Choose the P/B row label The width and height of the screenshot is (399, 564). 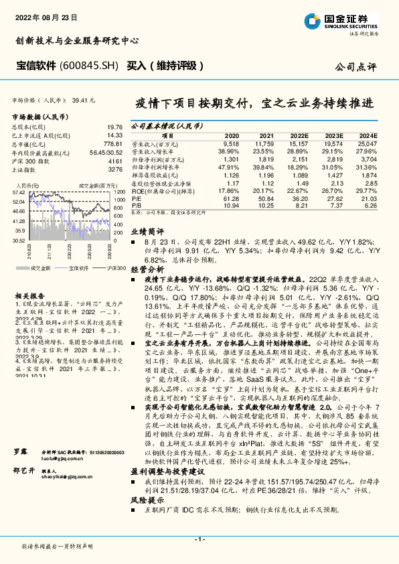pyautogui.click(x=136, y=205)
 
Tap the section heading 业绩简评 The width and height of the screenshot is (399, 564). pyautogui.click(x=147, y=230)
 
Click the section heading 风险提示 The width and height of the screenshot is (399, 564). pyautogui.click(x=147, y=500)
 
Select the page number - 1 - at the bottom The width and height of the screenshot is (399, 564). pyautogui.click(x=199, y=539)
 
